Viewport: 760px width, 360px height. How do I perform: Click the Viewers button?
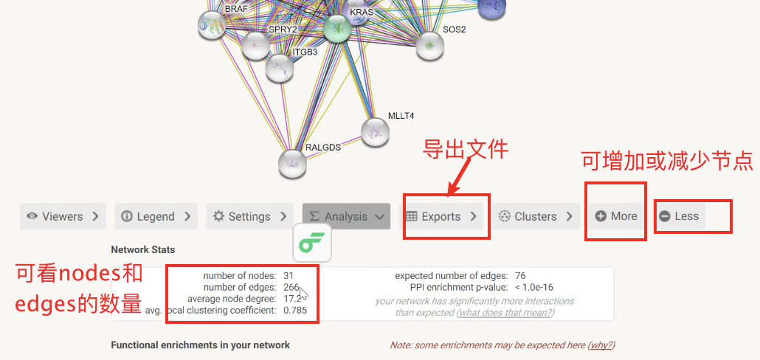[63, 216]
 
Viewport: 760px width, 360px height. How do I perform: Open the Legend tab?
[156, 216]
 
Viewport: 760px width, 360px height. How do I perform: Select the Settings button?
[249, 216]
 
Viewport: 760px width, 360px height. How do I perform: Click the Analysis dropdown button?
[346, 216]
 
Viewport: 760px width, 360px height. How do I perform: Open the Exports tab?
[441, 216]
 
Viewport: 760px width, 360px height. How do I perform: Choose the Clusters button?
[536, 216]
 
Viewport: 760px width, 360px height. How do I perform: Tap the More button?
[616, 216]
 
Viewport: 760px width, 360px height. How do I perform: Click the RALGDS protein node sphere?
[292, 163]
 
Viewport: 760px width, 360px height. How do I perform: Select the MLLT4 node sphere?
[375, 131]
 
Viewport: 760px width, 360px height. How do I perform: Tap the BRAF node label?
[236, 9]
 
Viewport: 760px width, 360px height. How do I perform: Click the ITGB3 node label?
[305, 52]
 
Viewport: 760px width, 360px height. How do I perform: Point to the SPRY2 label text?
[283, 30]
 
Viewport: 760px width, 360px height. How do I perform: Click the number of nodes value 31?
[289, 275]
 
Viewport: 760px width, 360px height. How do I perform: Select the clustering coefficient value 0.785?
[296, 311]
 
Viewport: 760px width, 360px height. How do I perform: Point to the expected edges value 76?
[521, 275]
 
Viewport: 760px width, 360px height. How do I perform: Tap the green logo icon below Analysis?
[312, 243]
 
